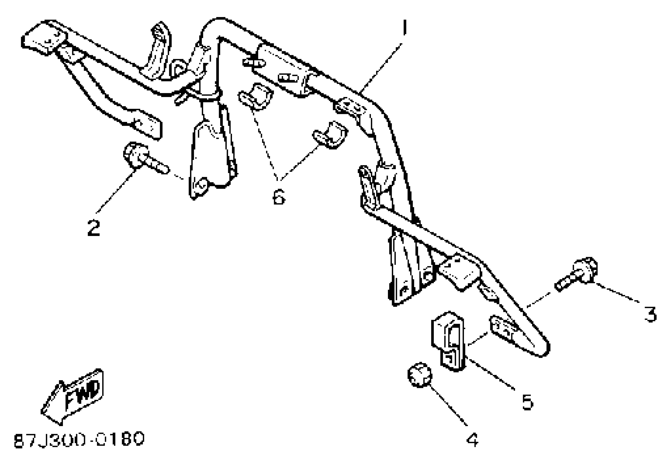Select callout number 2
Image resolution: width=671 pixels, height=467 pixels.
coord(94,228)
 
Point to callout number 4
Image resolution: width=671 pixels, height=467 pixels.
coord(472,440)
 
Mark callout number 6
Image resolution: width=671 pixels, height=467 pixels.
coord(278,196)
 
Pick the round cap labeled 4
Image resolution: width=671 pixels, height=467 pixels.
coord(420,375)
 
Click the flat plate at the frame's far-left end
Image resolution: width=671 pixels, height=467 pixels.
coord(44,38)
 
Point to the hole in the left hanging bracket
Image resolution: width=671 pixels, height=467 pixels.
coord(201,185)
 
